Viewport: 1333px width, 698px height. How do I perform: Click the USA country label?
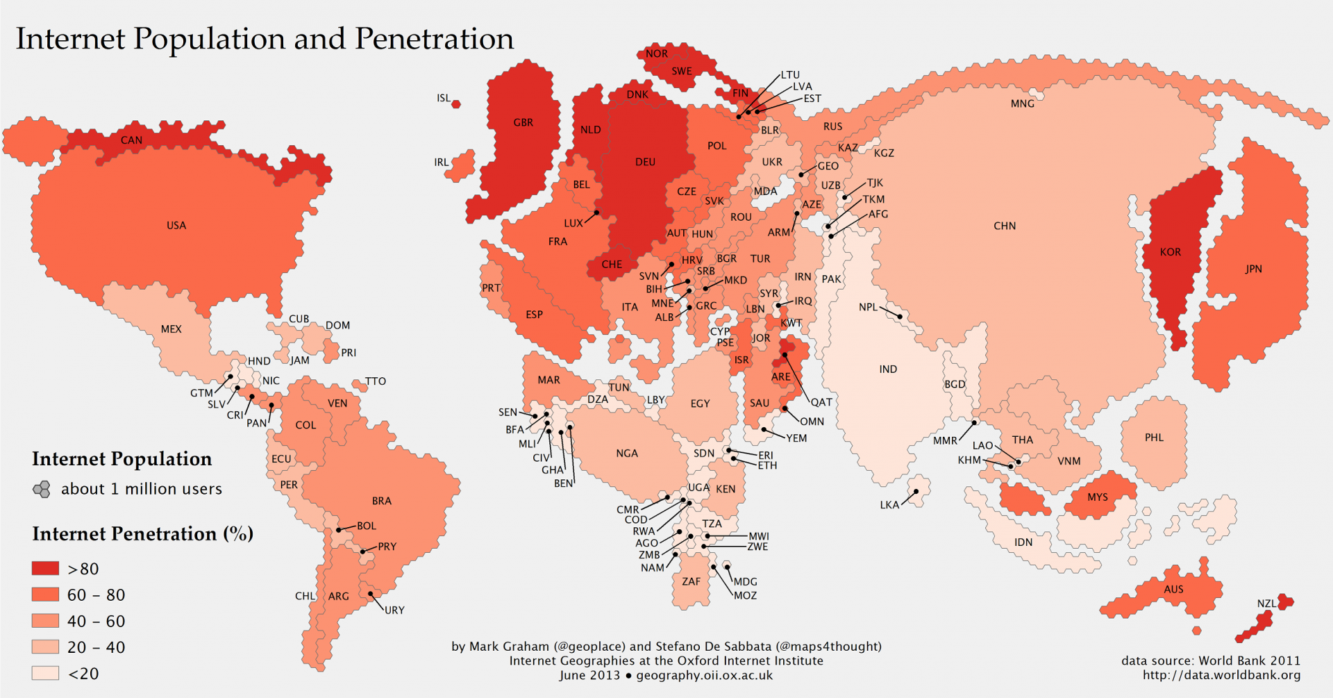(176, 225)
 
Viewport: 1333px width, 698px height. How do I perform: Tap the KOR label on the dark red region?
(1171, 252)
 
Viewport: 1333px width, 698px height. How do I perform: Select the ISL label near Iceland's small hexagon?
(444, 99)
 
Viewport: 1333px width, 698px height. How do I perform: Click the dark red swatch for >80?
(45, 568)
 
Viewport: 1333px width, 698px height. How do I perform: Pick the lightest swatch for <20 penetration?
(45, 673)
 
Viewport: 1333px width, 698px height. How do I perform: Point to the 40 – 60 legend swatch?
(45, 621)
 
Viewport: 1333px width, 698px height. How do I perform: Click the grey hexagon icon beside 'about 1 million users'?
(42, 489)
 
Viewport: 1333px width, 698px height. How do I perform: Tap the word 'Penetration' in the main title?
(435, 39)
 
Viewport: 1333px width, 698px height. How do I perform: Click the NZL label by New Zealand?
(1266, 604)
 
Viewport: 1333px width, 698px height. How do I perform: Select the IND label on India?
(888, 369)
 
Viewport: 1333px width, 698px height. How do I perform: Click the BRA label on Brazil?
(381, 501)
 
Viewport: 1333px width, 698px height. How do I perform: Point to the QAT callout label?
(821, 402)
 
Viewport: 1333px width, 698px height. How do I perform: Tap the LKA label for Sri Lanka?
(889, 505)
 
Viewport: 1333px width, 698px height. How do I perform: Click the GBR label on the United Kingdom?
(523, 123)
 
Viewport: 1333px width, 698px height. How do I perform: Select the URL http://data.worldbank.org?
(1222, 675)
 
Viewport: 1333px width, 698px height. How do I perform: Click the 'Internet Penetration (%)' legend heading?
(142, 533)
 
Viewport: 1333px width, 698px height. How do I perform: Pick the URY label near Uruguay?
(394, 610)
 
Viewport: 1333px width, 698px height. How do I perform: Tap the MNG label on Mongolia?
(1022, 104)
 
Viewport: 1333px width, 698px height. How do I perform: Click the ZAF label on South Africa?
(691, 581)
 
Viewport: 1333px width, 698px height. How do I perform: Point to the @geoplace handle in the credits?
(590, 647)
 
